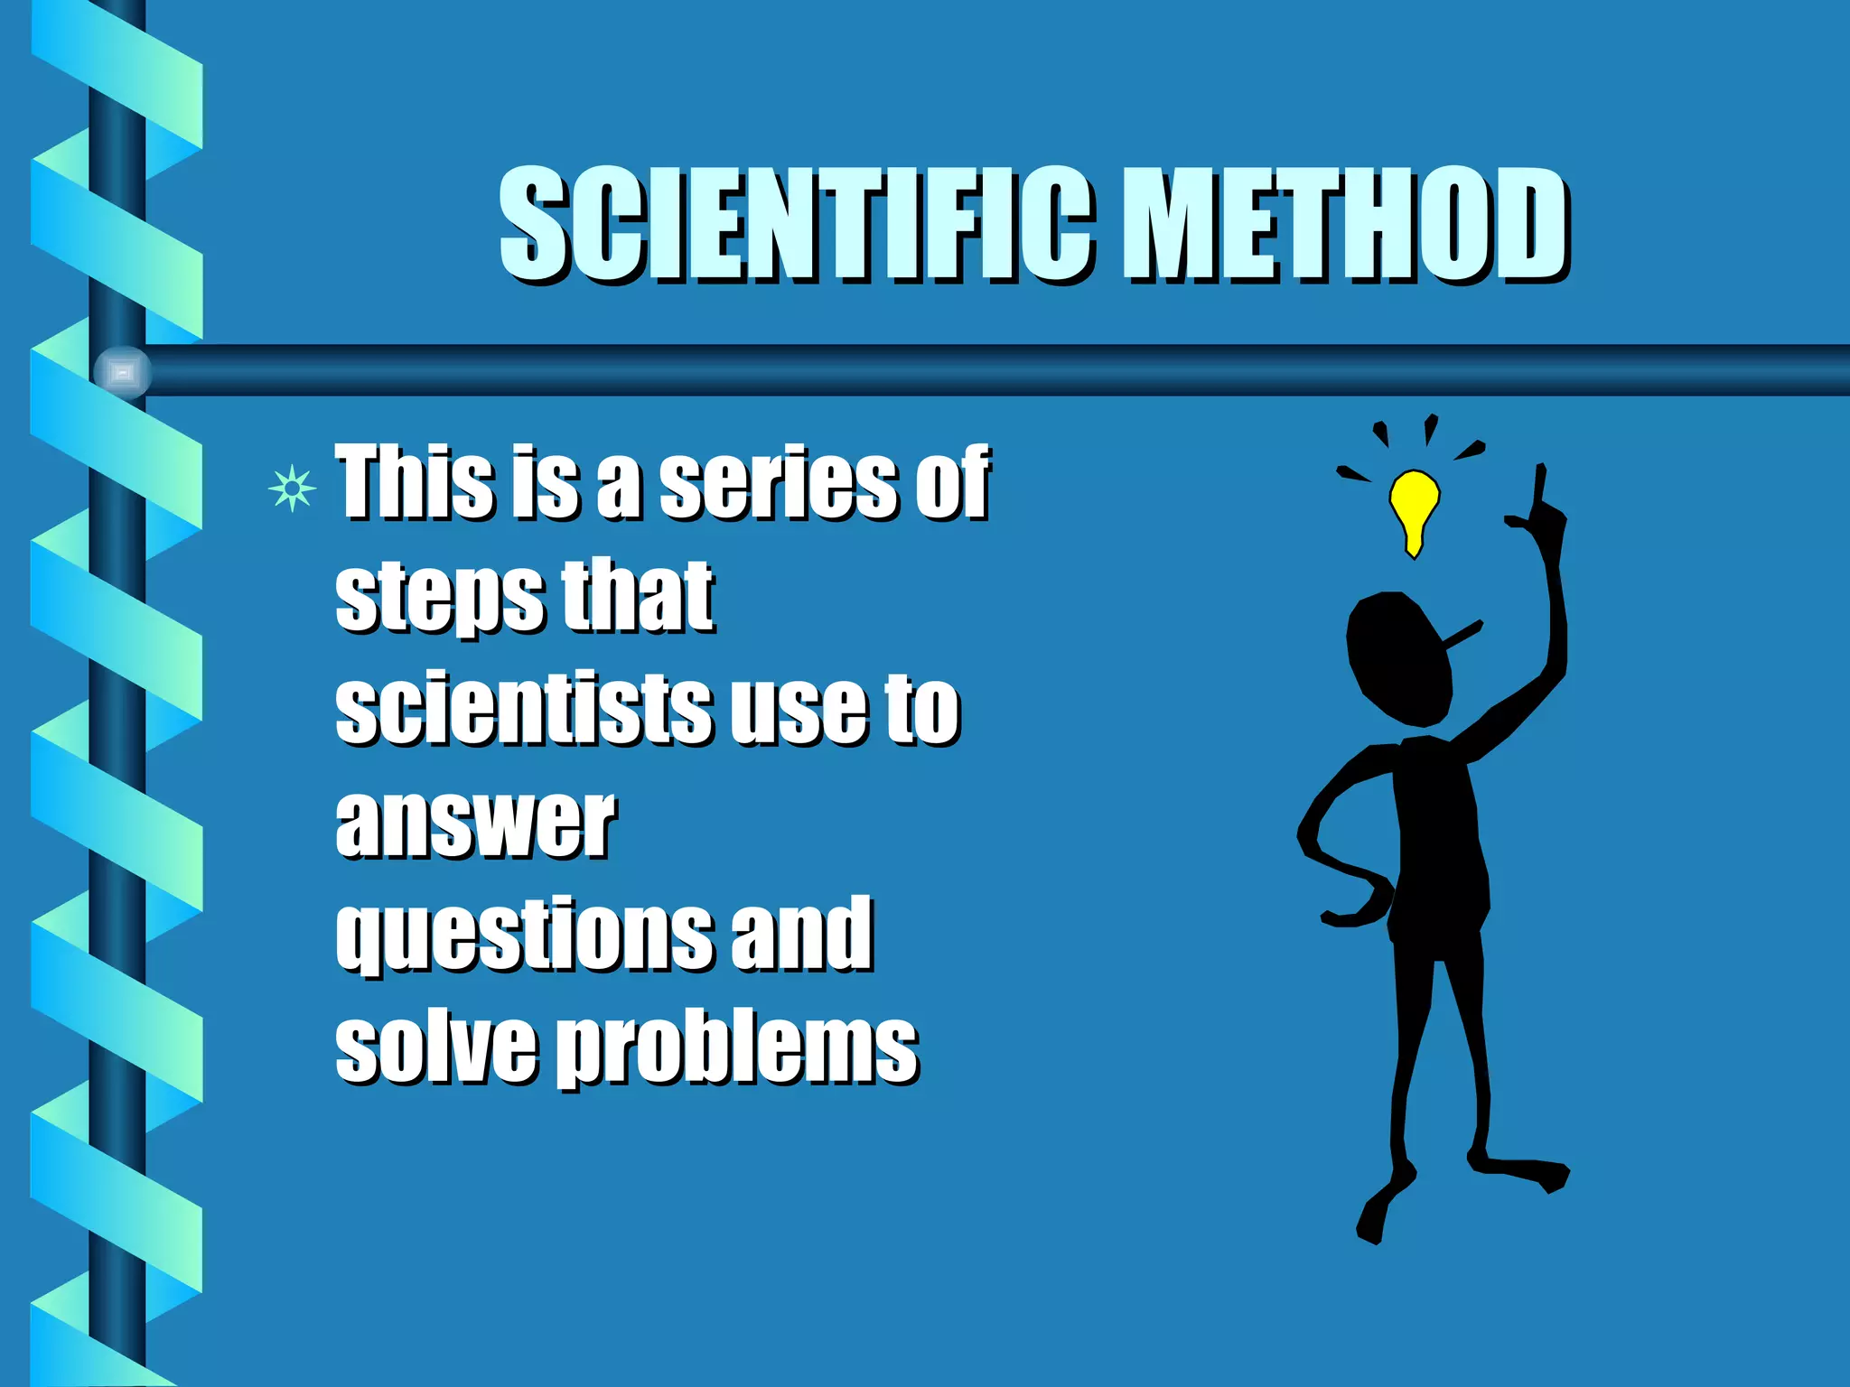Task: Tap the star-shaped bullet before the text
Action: click(292, 489)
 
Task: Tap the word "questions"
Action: click(525, 936)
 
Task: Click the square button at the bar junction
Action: click(123, 372)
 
